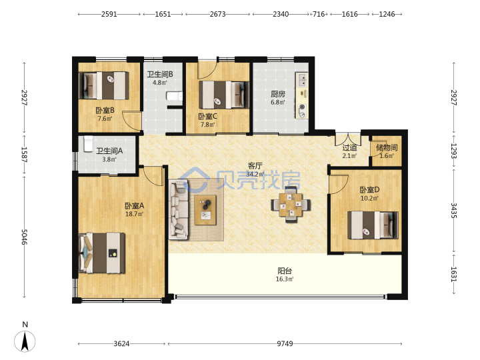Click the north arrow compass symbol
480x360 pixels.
(25, 341)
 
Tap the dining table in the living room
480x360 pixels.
(291, 205)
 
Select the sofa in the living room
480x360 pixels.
(179, 209)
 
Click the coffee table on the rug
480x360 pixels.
(205, 210)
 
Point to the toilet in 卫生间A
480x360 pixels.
(88, 144)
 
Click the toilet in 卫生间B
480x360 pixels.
(174, 97)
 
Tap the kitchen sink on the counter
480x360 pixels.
(301, 79)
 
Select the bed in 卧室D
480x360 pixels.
(373, 225)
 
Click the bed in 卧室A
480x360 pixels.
(102, 253)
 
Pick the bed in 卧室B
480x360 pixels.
(104, 86)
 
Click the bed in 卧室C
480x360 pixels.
(224, 95)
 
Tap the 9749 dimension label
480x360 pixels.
(285, 344)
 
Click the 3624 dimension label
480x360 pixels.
(121, 344)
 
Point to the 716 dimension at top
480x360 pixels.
(319, 14)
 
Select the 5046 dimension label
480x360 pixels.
(24, 237)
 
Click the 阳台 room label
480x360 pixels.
(285, 271)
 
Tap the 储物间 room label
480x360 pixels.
(387, 148)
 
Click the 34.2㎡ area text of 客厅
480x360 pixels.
(255, 175)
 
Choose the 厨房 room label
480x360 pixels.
(278, 94)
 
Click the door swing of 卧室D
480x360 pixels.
(339, 184)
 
